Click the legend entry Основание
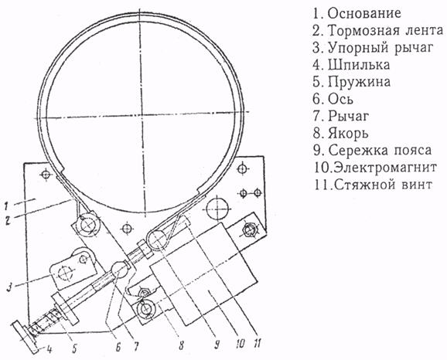(x=364, y=13)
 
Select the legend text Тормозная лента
(x=386, y=30)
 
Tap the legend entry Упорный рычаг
(x=380, y=48)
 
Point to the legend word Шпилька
(x=359, y=65)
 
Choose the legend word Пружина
(x=359, y=82)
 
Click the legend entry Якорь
(x=348, y=134)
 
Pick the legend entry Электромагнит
(x=385, y=168)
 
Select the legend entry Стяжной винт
(x=383, y=185)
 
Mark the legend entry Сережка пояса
(x=380, y=151)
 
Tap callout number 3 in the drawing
(x=11, y=287)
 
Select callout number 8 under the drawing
(x=180, y=345)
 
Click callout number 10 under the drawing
(x=239, y=344)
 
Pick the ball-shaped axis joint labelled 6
(x=119, y=270)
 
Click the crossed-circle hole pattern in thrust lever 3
(x=65, y=273)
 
